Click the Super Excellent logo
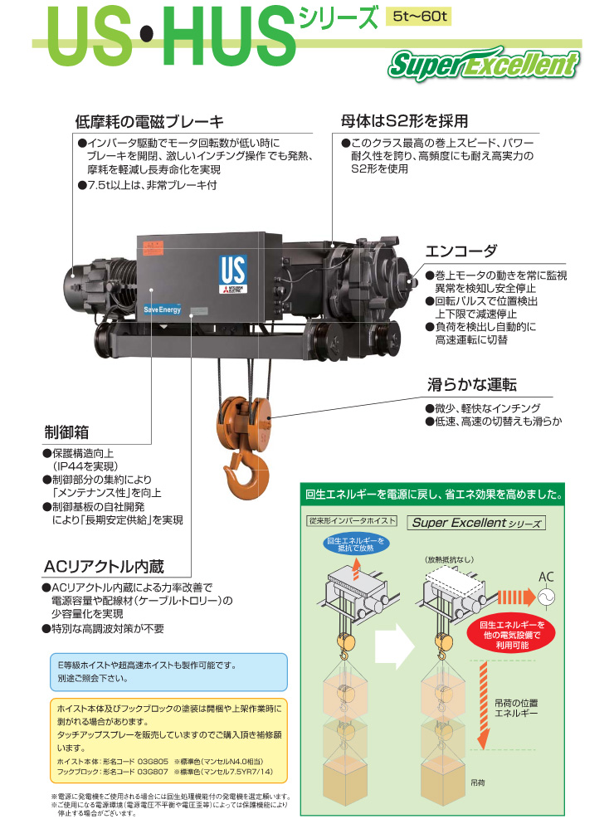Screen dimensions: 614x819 pyautogui.click(x=484, y=65)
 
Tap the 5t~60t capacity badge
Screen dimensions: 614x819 pyautogui.click(x=420, y=17)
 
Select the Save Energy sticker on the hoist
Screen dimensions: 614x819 pyautogui.click(x=163, y=310)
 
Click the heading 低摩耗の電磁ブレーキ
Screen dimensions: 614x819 pyautogui.click(x=149, y=122)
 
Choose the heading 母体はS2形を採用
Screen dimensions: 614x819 pyautogui.click(x=404, y=121)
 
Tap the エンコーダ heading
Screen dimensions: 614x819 pyautogui.click(x=461, y=251)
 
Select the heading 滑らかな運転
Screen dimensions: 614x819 pyautogui.click(x=472, y=385)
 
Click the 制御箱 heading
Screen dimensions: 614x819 pyautogui.click(x=66, y=432)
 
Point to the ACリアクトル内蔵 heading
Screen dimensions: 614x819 pyautogui.click(x=104, y=567)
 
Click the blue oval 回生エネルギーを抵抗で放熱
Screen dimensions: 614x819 pyautogui.click(x=356, y=544)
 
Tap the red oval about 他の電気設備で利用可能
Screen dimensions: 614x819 pyautogui.click(x=512, y=635)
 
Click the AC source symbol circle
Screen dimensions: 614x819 pyautogui.click(x=546, y=597)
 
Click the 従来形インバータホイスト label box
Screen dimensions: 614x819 pyautogui.click(x=351, y=521)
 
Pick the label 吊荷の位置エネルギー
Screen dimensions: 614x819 pyautogui.click(x=516, y=709)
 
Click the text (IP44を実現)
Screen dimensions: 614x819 pyautogui.click(x=85, y=466)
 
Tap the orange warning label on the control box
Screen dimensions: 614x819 pyautogui.click(x=153, y=248)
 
